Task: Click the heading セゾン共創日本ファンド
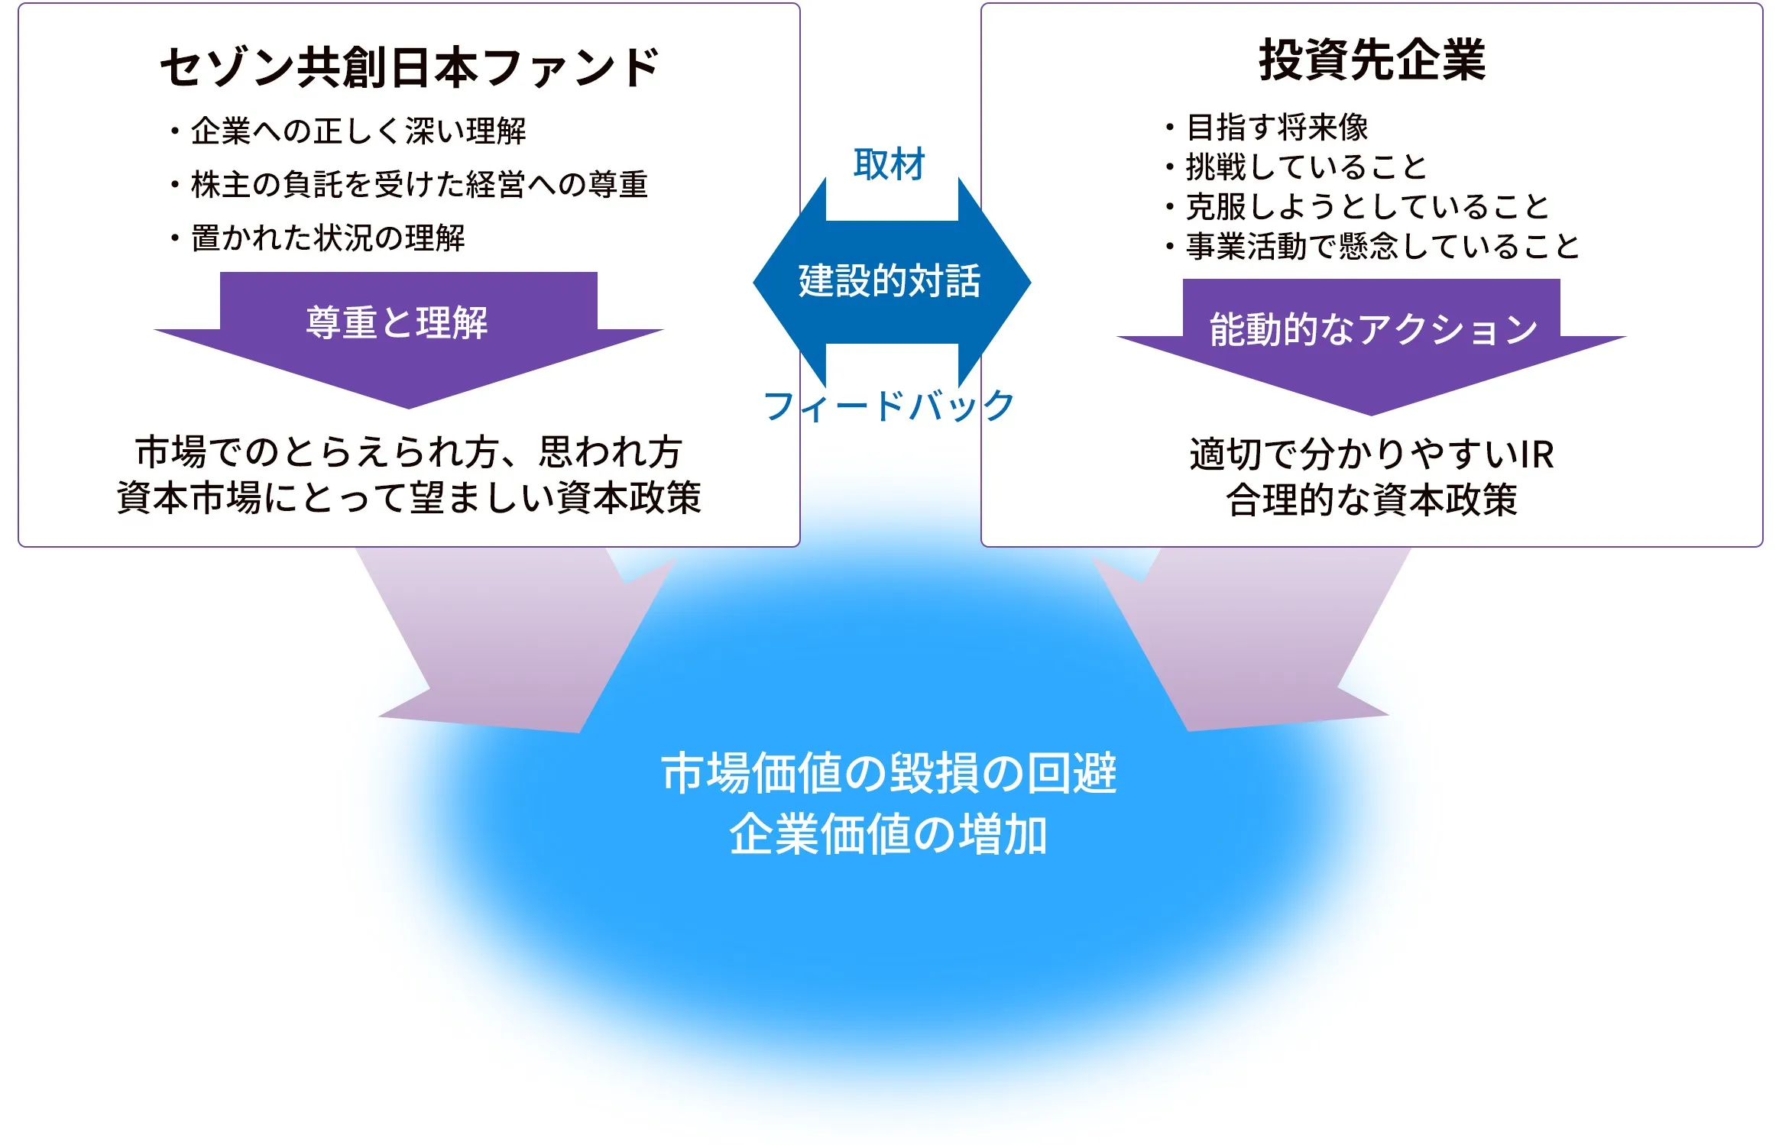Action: pos(410,67)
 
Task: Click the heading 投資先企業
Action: pos(1372,60)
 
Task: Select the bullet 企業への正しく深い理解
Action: pos(348,131)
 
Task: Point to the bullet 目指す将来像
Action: pos(1267,127)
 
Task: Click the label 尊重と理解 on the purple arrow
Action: pos(397,322)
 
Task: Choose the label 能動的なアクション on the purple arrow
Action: pos(1373,329)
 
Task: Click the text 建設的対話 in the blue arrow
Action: pos(889,280)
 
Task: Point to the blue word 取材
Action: pos(889,164)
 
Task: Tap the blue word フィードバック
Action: pos(889,406)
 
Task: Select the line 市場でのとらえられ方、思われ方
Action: pos(409,451)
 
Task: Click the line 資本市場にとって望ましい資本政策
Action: pos(409,497)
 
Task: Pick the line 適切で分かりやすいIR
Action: pos(1372,454)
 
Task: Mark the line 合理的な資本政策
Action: pos(1372,500)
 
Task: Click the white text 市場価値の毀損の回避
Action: pos(889,773)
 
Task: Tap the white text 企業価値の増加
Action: pos(889,834)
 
